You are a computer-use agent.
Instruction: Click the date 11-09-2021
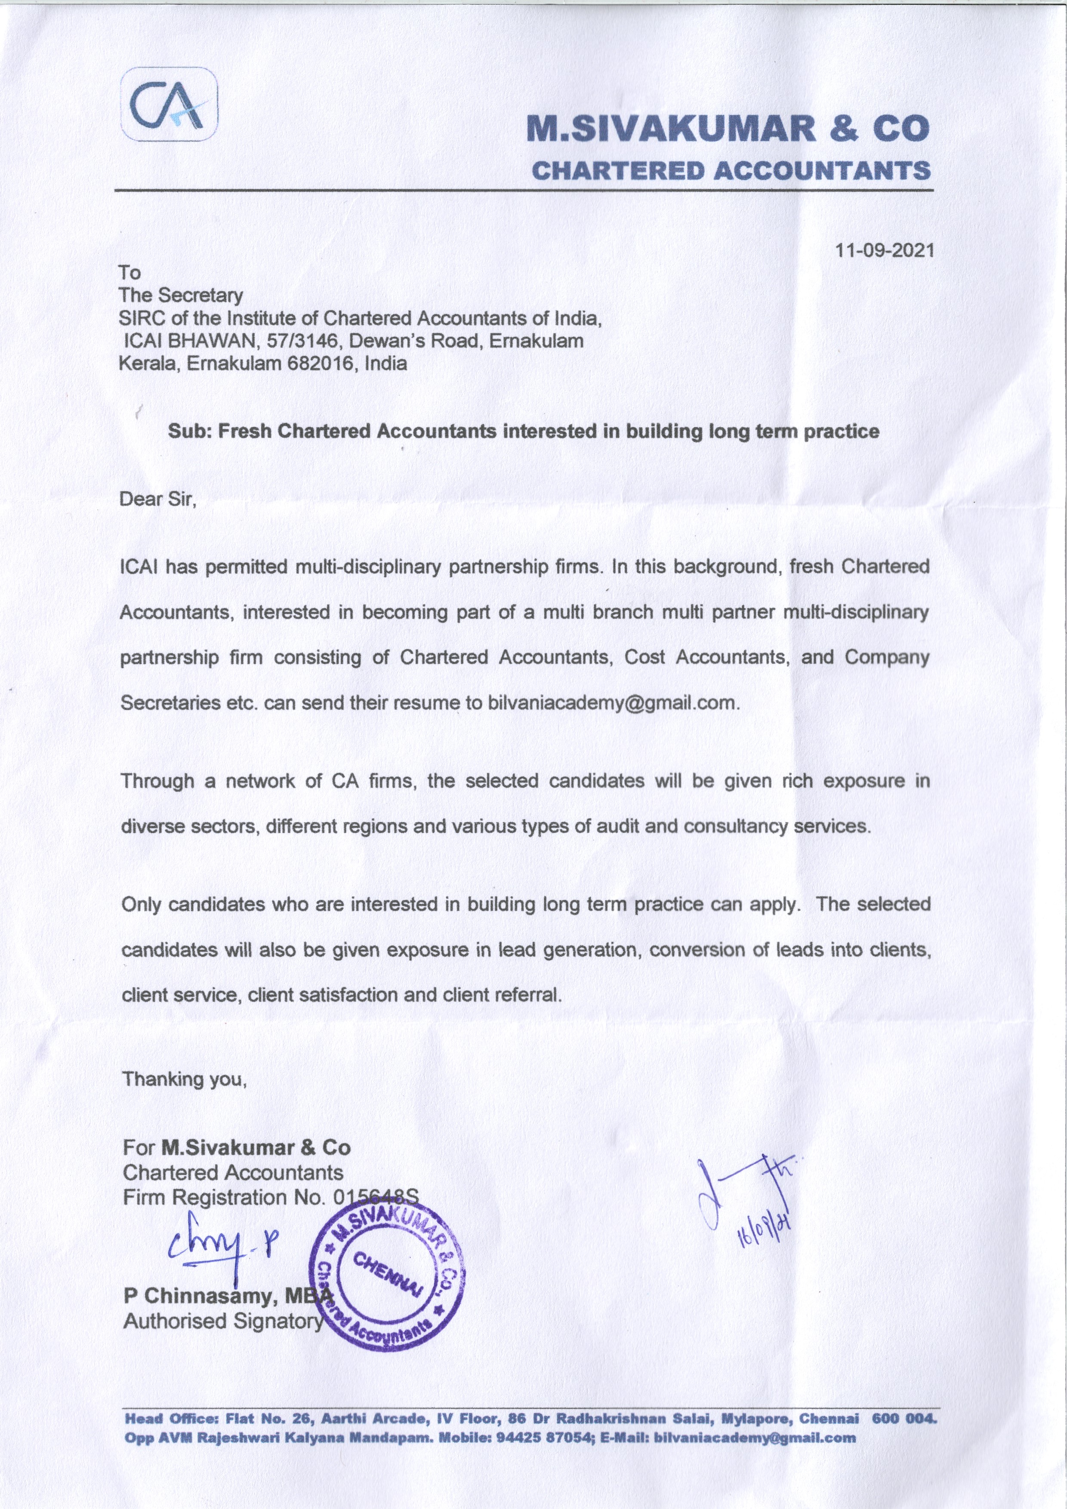click(x=884, y=250)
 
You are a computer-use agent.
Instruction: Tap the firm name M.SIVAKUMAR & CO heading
click(x=730, y=129)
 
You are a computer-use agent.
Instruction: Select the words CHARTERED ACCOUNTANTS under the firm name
click(x=731, y=170)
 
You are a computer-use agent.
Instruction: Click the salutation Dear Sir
click(x=158, y=499)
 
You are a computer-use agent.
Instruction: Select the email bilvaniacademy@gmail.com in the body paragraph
click(x=612, y=702)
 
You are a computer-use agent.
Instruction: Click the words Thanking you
click(x=185, y=1079)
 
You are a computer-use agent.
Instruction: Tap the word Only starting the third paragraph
click(x=142, y=904)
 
